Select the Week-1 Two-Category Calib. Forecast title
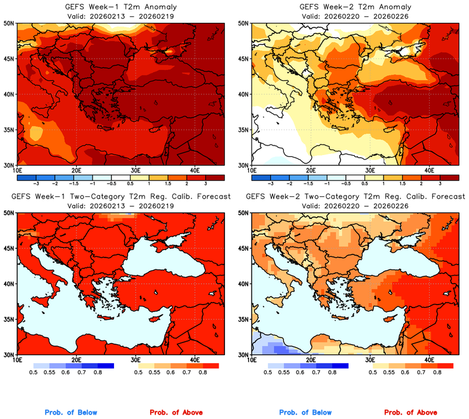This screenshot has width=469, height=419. (x=121, y=197)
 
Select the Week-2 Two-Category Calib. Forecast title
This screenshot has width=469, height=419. (x=355, y=197)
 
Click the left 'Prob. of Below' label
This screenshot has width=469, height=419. (x=71, y=413)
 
